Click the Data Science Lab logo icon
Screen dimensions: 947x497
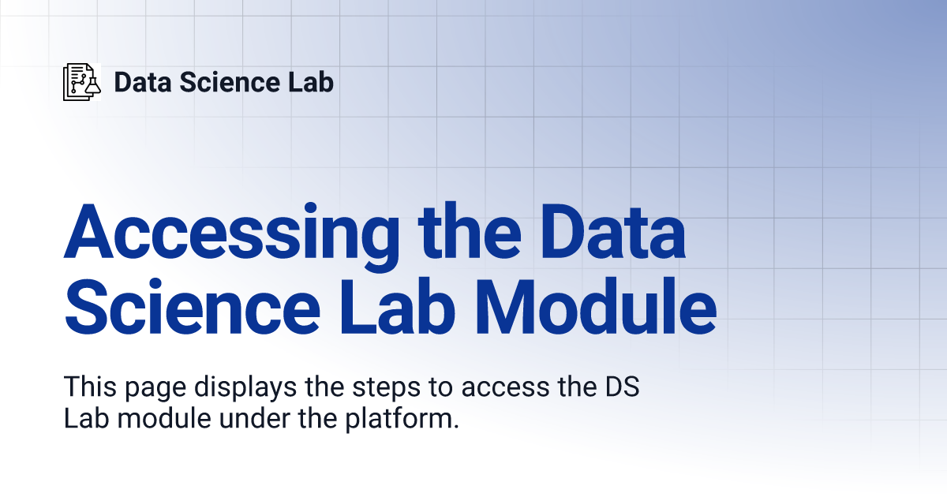[82, 82]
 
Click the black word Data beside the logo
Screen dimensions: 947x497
[143, 82]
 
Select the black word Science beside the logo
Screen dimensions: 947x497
[230, 82]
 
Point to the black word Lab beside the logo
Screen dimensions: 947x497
[311, 82]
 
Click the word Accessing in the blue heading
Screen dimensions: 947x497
[232, 237]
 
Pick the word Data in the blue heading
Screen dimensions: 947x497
[612, 232]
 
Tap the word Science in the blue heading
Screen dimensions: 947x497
[192, 306]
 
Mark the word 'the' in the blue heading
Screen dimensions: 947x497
[470, 230]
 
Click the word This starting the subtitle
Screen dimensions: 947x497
[90, 387]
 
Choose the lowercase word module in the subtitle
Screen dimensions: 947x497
[164, 418]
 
